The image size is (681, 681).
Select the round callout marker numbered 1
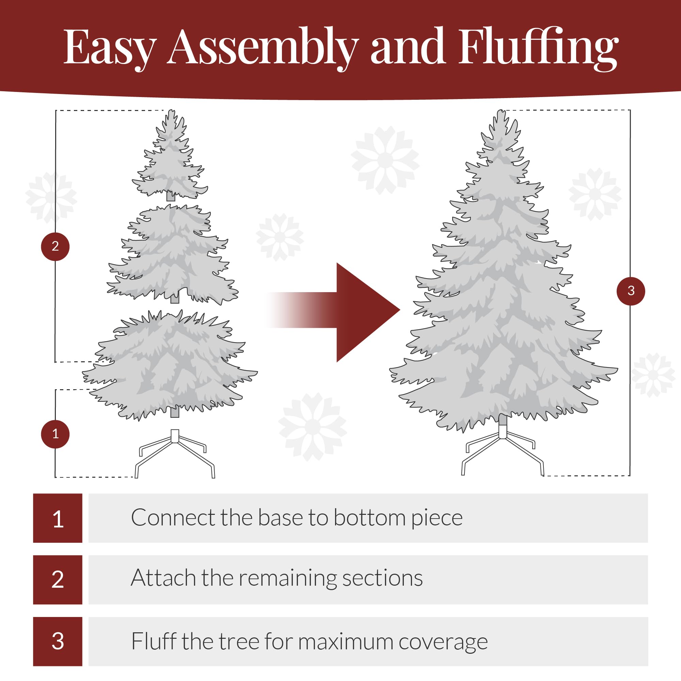coord(56,434)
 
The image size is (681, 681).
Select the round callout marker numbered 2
coord(56,247)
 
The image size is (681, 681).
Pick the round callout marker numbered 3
coord(631,291)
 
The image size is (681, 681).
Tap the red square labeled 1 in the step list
coord(58,518)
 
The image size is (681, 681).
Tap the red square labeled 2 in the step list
coord(58,580)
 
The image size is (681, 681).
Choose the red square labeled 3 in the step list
coord(58,641)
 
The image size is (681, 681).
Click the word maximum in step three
coord(345,642)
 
